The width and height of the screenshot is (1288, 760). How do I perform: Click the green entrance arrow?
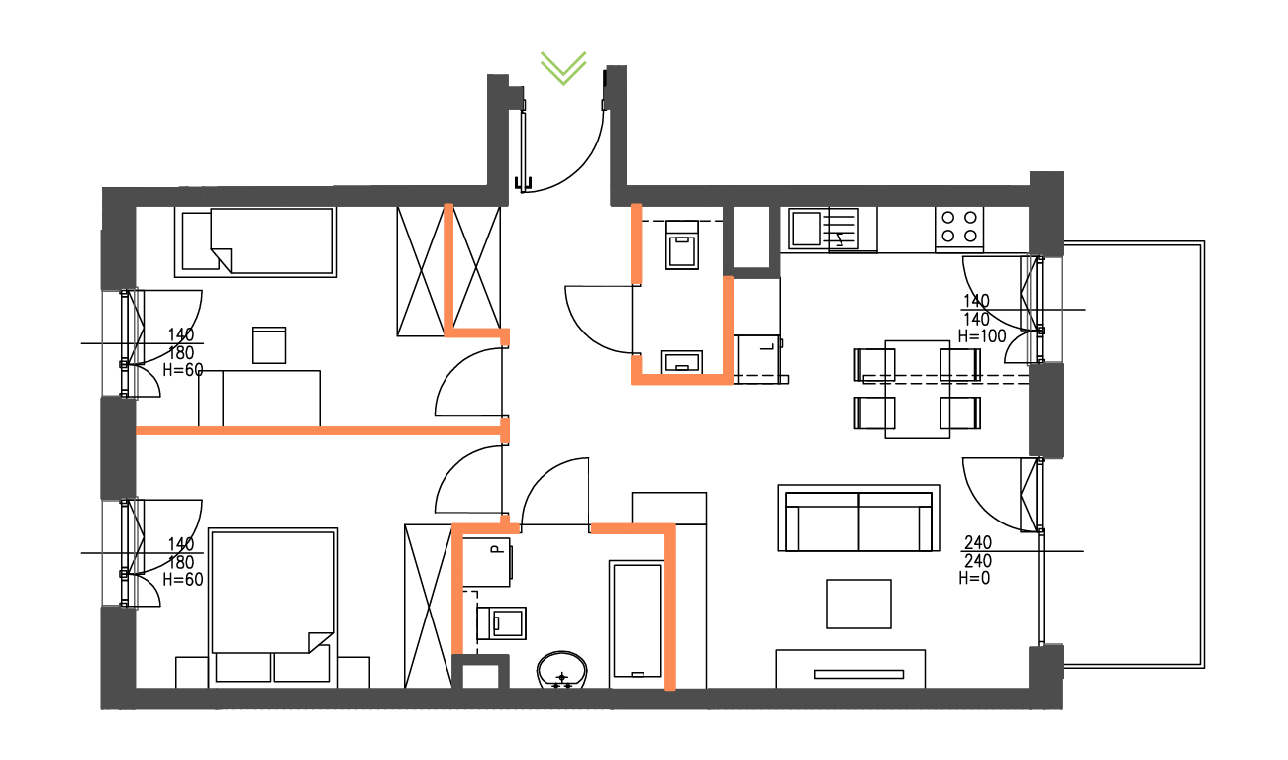coord(563,67)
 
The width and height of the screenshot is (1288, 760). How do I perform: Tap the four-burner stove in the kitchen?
coord(959,227)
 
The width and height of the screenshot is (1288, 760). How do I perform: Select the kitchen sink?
coord(805,229)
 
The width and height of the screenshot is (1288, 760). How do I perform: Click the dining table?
coord(918,389)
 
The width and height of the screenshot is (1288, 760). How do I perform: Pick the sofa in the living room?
coord(858,520)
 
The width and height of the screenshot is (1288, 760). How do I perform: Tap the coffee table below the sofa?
coord(858,604)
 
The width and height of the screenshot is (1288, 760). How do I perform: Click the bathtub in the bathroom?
coord(637,620)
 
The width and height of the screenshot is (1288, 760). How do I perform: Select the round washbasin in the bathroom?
coord(562,670)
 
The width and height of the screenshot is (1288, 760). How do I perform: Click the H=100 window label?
coord(981,335)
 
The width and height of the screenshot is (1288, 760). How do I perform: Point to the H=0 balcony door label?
coord(974,579)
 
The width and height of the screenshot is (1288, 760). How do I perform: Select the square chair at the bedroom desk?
coord(269,345)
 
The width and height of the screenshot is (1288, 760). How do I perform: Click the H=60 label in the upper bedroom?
coord(182,370)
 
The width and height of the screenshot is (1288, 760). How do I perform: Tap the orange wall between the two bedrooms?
coord(317,430)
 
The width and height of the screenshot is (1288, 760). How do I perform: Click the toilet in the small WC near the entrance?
coord(682,246)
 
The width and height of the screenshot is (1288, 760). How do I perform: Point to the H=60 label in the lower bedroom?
coord(182,579)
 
